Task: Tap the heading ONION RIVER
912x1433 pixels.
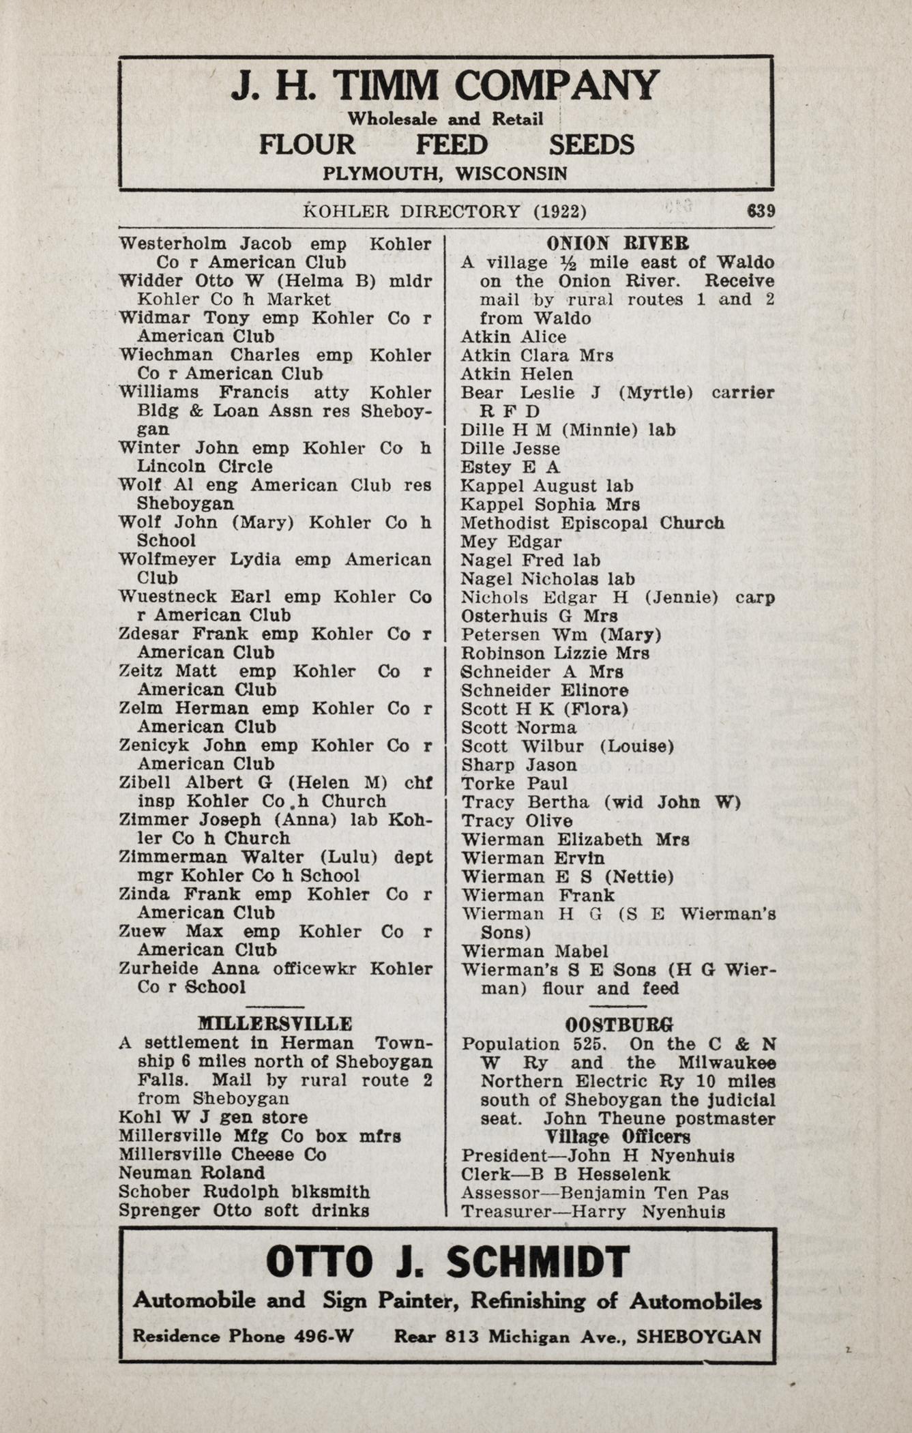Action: (x=617, y=243)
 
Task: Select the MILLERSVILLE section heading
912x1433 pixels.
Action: (x=275, y=1024)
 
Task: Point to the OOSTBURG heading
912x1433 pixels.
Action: (x=619, y=1024)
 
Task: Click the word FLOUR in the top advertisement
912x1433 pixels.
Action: (x=307, y=145)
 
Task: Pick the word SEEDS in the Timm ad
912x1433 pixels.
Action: (x=591, y=145)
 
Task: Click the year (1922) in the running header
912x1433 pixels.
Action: (x=559, y=211)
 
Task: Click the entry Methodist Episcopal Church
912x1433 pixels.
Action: (x=592, y=523)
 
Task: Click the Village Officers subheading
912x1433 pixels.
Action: (x=618, y=1137)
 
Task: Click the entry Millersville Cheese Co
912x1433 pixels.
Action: (x=222, y=1155)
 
